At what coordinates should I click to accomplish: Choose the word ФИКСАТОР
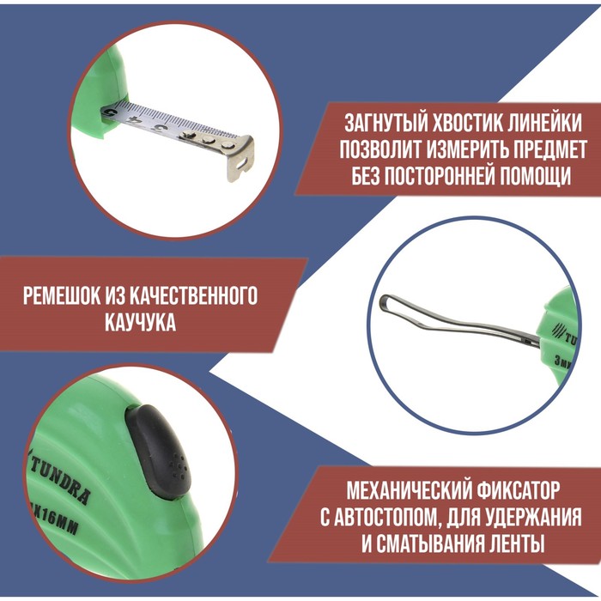click(519, 492)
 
